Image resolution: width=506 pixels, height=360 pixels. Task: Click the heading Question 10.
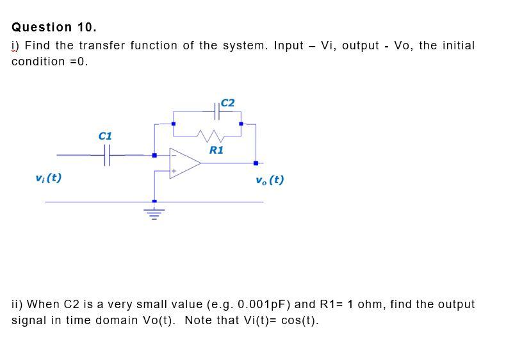(54, 28)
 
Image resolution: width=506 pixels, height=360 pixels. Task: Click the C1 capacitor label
(105, 136)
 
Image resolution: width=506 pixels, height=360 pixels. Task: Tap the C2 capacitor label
(227, 102)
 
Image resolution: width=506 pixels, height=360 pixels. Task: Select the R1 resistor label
(216, 150)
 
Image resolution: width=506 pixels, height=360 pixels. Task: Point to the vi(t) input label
(49, 177)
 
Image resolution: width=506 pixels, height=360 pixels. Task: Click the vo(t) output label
(269, 179)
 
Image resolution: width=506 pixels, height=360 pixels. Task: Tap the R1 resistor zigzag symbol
(209, 135)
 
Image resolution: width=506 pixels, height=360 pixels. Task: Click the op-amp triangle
(184, 163)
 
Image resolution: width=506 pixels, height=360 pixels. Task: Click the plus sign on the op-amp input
(172, 171)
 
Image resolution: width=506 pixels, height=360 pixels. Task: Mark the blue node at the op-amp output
(256, 163)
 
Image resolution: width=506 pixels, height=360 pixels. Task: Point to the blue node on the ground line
(154, 202)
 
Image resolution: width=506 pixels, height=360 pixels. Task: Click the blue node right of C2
(241, 124)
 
